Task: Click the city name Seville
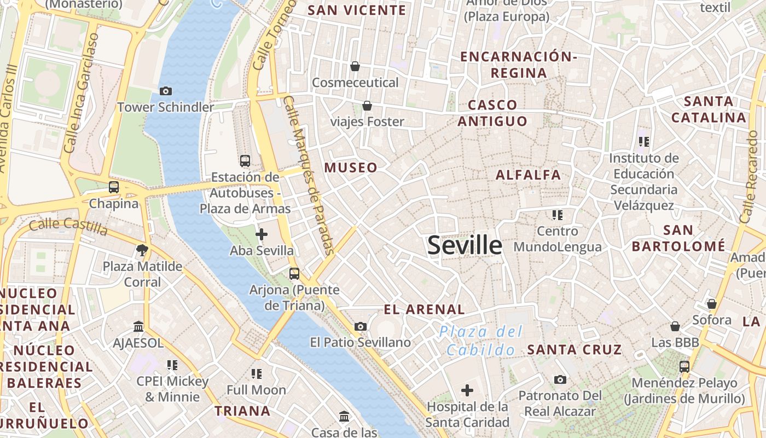point(465,245)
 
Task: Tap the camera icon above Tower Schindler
point(165,91)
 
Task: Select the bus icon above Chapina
point(114,187)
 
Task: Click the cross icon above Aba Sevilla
point(262,235)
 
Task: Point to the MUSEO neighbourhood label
point(351,168)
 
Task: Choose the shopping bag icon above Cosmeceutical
point(355,66)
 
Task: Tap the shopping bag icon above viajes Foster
point(367,105)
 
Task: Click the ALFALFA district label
point(528,175)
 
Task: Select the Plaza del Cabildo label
point(481,341)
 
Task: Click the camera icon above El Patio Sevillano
point(360,327)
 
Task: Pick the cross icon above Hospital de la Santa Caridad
point(467,390)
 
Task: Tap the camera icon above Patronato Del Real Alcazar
point(560,379)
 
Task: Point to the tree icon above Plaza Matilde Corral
point(142,251)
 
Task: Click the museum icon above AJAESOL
point(138,327)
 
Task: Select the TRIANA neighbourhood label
point(242,411)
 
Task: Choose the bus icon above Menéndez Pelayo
point(684,367)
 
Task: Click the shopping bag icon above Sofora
point(711,303)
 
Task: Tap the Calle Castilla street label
point(68,225)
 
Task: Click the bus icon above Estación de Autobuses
point(245,161)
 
